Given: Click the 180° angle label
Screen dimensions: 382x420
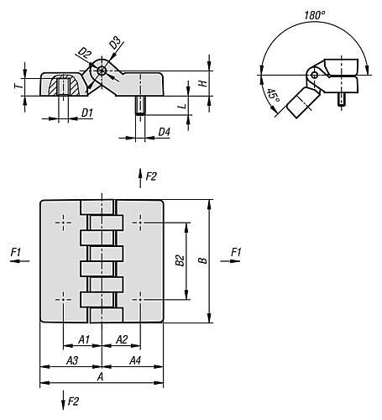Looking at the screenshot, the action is (x=315, y=15).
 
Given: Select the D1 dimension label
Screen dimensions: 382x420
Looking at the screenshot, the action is (x=87, y=113).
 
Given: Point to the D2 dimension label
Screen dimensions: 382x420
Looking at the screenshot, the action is (x=85, y=53).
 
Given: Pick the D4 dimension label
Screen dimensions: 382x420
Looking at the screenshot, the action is (x=165, y=132).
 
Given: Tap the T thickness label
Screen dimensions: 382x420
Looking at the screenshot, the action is (x=18, y=86).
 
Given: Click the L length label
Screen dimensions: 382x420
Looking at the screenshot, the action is (x=182, y=106).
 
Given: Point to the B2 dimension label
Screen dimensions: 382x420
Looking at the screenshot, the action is (x=180, y=260).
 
